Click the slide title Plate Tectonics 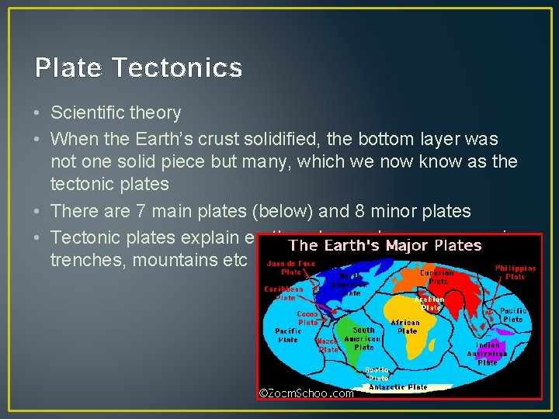point(138,68)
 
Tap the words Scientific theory point(116,113)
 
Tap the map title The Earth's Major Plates point(385,245)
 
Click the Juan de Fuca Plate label point(292,268)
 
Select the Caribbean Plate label point(283,293)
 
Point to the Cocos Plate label point(307,317)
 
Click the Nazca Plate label point(329,345)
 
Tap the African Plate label point(404,326)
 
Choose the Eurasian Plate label point(436,277)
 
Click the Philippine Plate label point(516,272)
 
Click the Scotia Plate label point(378,373)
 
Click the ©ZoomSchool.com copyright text point(306,393)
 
